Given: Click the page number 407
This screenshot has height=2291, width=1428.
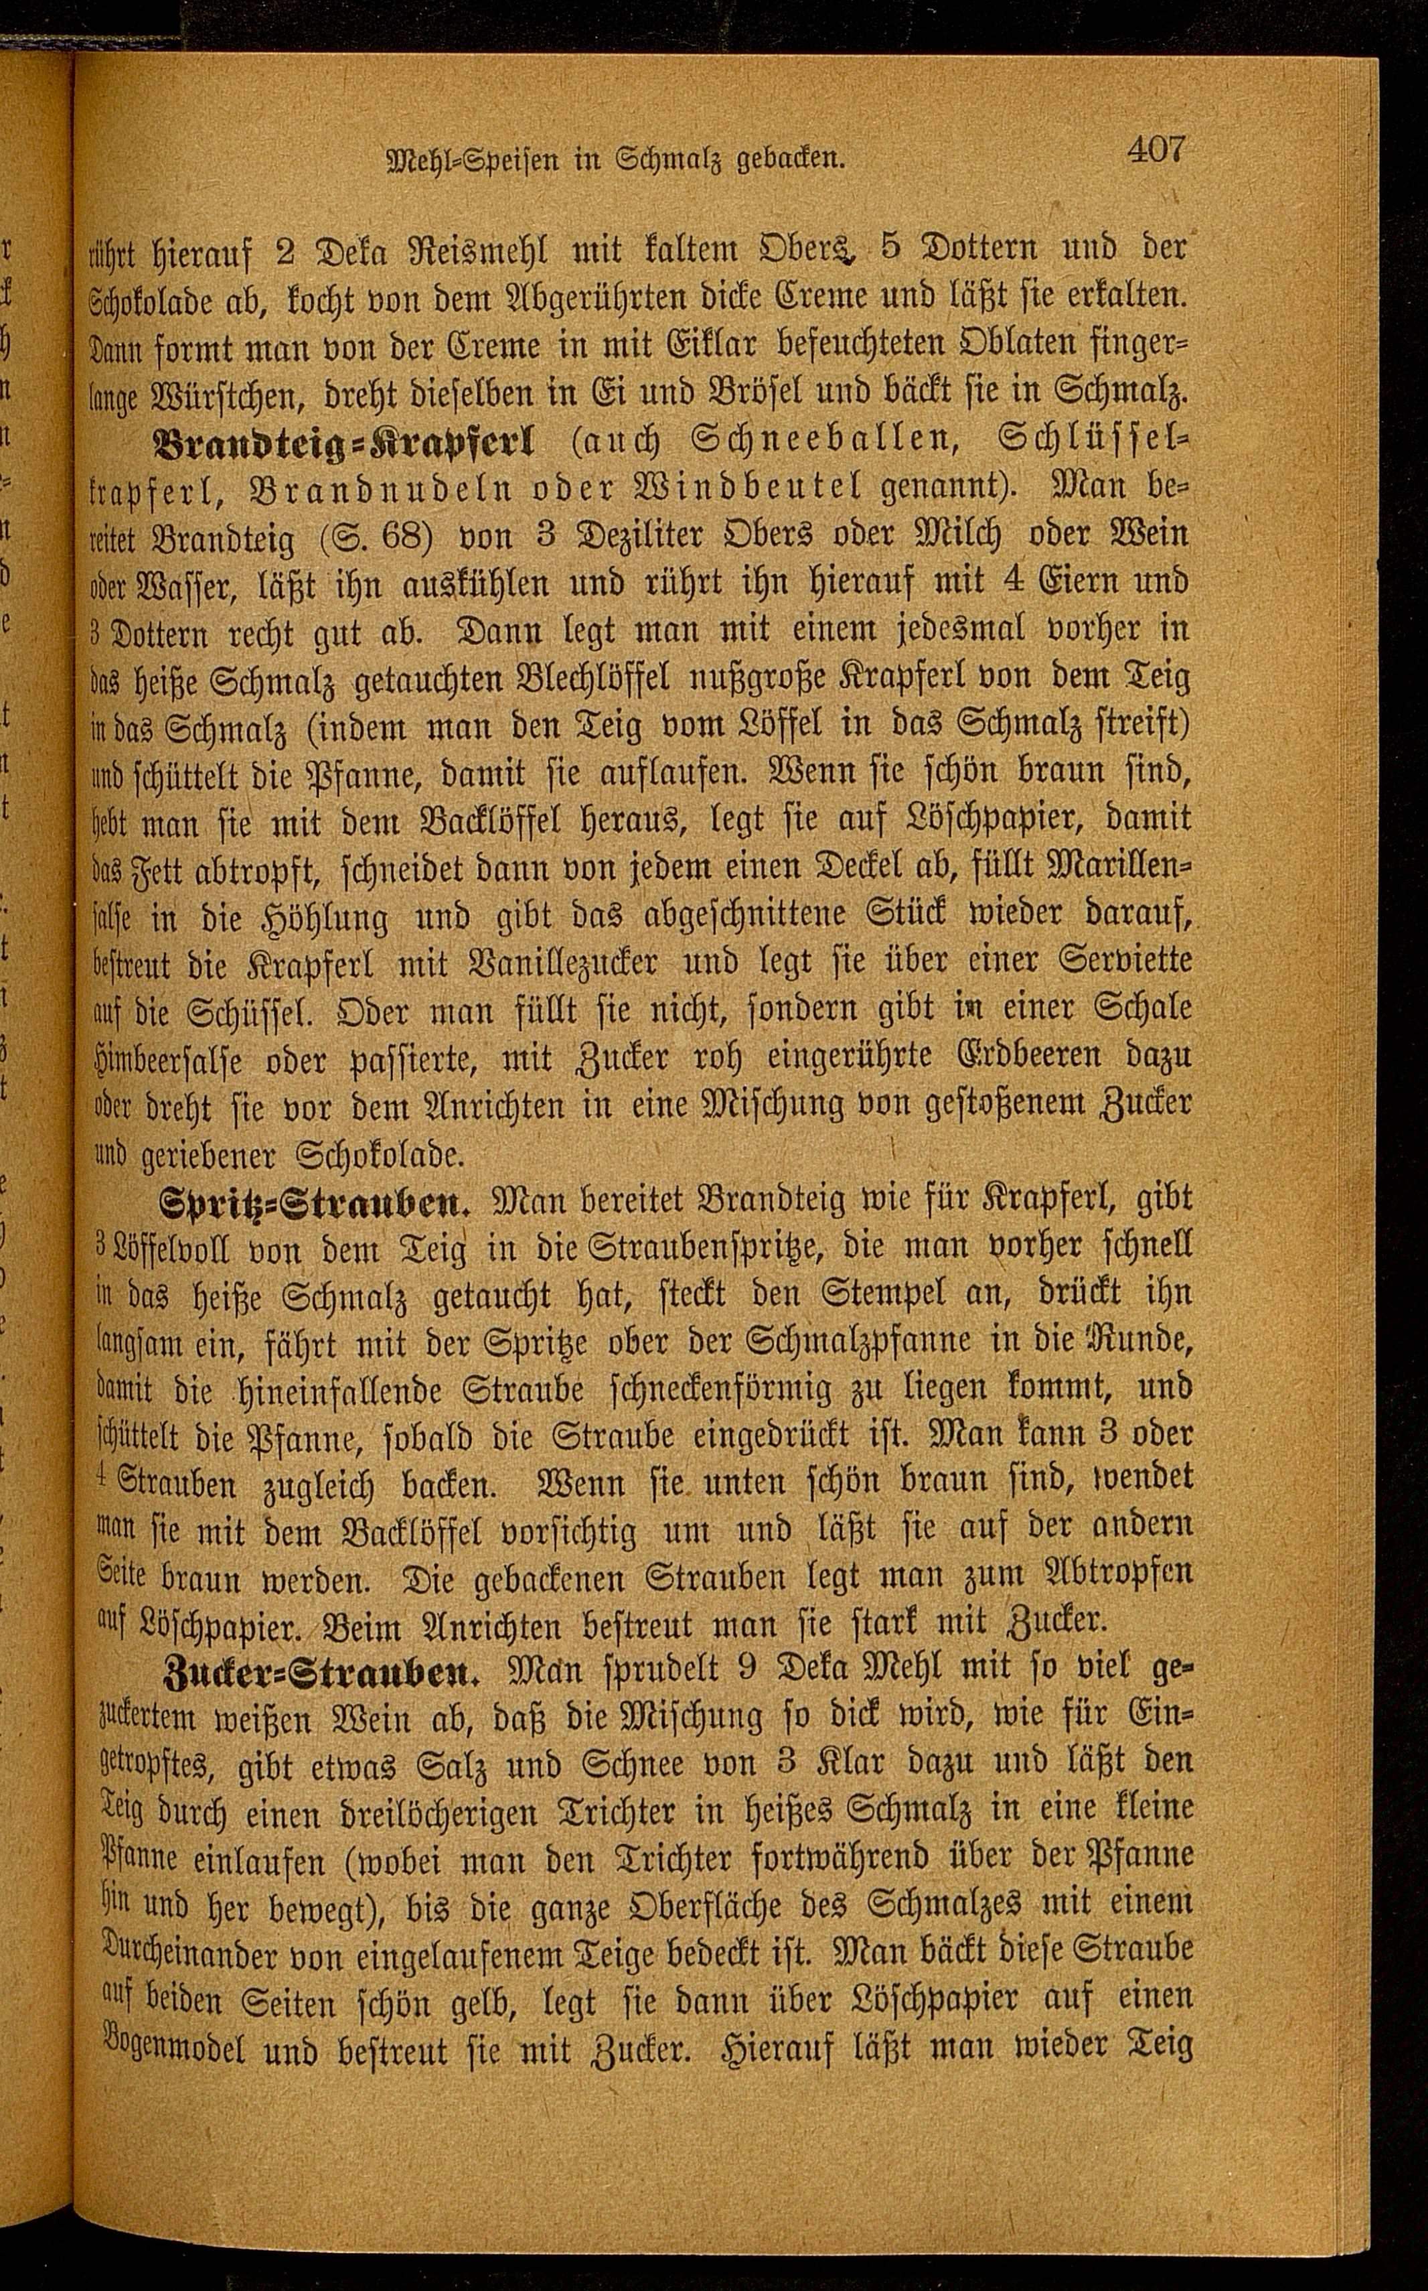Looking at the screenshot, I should [1154, 151].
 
